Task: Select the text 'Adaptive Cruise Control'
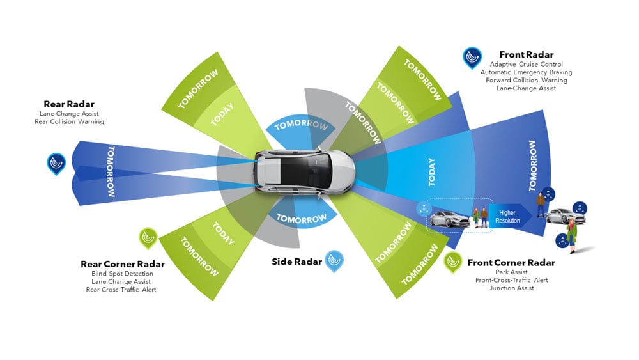click(x=526, y=64)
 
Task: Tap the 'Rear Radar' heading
click(x=68, y=104)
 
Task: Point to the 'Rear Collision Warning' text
click(x=69, y=121)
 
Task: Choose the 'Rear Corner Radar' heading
click(x=123, y=264)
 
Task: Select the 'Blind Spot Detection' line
click(x=122, y=274)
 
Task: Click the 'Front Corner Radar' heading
click(x=511, y=262)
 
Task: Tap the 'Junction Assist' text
click(x=511, y=288)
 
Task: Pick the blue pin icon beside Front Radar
click(x=473, y=58)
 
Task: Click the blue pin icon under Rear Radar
click(x=56, y=163)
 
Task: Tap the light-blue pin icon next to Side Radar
click(x=334, y=260)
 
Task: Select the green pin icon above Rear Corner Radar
click(x=148, y=239)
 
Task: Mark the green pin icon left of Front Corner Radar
click(x=453, y=262)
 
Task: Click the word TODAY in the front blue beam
click(x=432, y=172)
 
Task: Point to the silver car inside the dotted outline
click(x=449, y=219)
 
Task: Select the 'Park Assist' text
click(x=511, y=272)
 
